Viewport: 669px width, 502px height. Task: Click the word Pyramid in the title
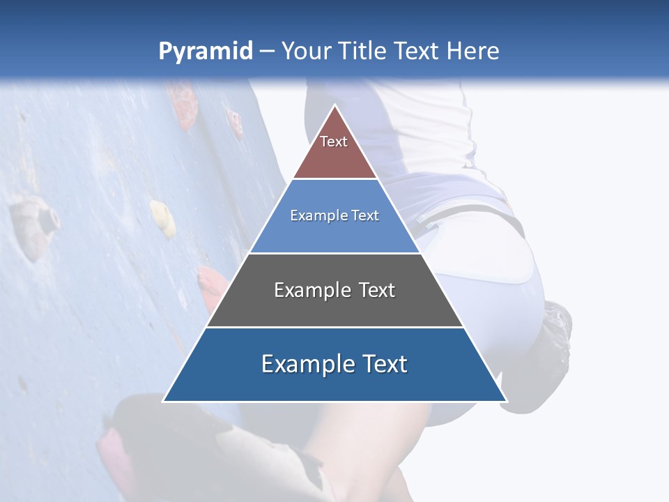(x=205, y=52)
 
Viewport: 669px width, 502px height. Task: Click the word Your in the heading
(x=305, y=51)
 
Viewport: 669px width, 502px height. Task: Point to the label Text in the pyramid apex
(x=334, y=142)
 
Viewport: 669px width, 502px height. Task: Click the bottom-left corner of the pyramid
(x=164, y=400)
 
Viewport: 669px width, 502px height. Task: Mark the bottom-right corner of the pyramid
(x=505, y=400)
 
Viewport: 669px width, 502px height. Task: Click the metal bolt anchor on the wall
(x=47, y=218)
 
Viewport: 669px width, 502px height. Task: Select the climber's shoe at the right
(x=557, y=328)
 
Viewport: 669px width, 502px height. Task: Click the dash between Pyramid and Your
(x=267, y=52)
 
